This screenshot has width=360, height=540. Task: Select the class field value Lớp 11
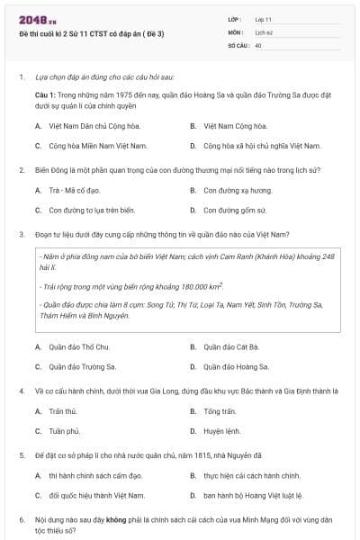pos(264,18)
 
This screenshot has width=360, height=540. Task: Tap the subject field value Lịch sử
pos(263,31)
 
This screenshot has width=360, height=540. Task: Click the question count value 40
pos(258,44)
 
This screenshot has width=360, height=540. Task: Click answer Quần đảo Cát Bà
pos(231,346)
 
